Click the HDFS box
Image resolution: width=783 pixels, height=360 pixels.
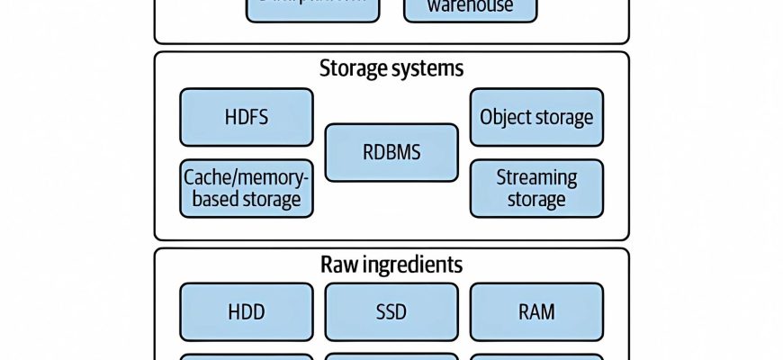coord(247,117)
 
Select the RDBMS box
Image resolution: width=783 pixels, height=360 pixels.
coord(391,152)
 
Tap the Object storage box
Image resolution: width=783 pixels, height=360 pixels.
coord(536,117)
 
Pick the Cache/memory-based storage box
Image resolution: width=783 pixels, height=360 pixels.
coord(247,188)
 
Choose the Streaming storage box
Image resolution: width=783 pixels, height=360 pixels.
coord(536,188)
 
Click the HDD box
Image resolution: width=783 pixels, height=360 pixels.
coord(247,312)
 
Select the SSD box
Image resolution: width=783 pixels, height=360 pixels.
coord(391,312)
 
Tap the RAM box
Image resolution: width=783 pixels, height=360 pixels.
coord(536,312)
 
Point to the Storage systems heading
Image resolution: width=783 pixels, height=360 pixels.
coord(391,68)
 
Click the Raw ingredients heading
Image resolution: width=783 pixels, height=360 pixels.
coord(391,265)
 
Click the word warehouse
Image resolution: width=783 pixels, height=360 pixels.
coord(470,7)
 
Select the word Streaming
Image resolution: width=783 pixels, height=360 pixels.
coord(536,177)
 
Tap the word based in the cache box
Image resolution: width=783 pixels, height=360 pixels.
coord(212,199)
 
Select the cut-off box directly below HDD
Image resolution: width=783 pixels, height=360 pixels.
coord(247,356)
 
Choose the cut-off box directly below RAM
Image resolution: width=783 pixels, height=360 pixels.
coord(536,356)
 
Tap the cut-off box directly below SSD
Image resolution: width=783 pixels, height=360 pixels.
coord(391,356)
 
